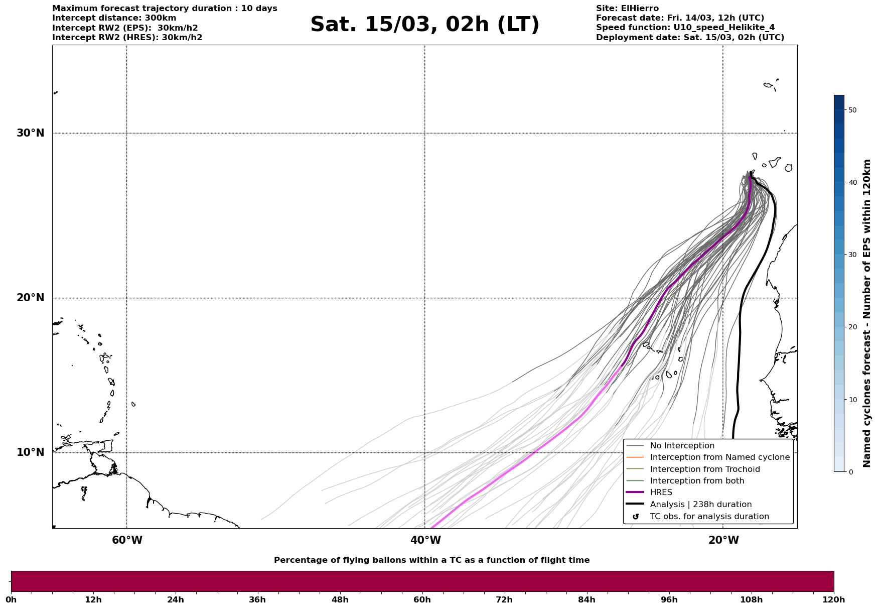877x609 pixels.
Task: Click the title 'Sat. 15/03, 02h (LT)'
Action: (424, 25)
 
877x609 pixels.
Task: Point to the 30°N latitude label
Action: (30, 133)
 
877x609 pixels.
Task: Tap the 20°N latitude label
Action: (30, 298)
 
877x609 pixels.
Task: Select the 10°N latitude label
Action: (30, 452)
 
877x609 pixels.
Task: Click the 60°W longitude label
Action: (127, 540)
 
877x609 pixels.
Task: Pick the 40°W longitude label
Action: (425, 540)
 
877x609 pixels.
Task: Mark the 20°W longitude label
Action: (723, 540)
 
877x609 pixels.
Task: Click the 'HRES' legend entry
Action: (661, 493)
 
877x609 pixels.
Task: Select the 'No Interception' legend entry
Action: (682, 446)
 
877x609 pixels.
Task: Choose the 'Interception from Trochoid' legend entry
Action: (704, 469)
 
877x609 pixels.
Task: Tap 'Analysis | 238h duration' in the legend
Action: (700, 505)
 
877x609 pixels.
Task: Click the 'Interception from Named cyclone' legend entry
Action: (719, 457)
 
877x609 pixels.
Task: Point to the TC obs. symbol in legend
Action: (636, 517)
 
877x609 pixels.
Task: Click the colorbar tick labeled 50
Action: (852, 110)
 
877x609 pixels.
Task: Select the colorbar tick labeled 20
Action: (852, 327)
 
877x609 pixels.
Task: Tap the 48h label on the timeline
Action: (340, 599)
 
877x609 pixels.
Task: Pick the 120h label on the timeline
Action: (834, 599)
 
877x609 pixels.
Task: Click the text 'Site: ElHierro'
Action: (627, 9)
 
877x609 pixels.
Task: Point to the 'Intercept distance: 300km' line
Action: (114, 18)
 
